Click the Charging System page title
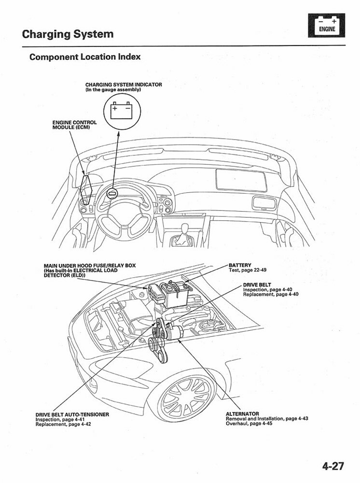pos(68,34)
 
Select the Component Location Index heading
pos(85,57)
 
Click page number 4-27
pos(333,466)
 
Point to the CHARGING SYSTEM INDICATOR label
pos(124,85)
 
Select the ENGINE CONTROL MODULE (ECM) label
pos(74,125)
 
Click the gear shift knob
pos(184,238)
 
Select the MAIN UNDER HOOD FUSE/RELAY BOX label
pos(90,266)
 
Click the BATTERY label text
pos(240,265)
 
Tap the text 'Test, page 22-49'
pos(247,270)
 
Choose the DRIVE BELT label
pos(257,285)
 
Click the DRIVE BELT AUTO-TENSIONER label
pos(72,414)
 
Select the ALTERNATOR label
pos(242,414)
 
